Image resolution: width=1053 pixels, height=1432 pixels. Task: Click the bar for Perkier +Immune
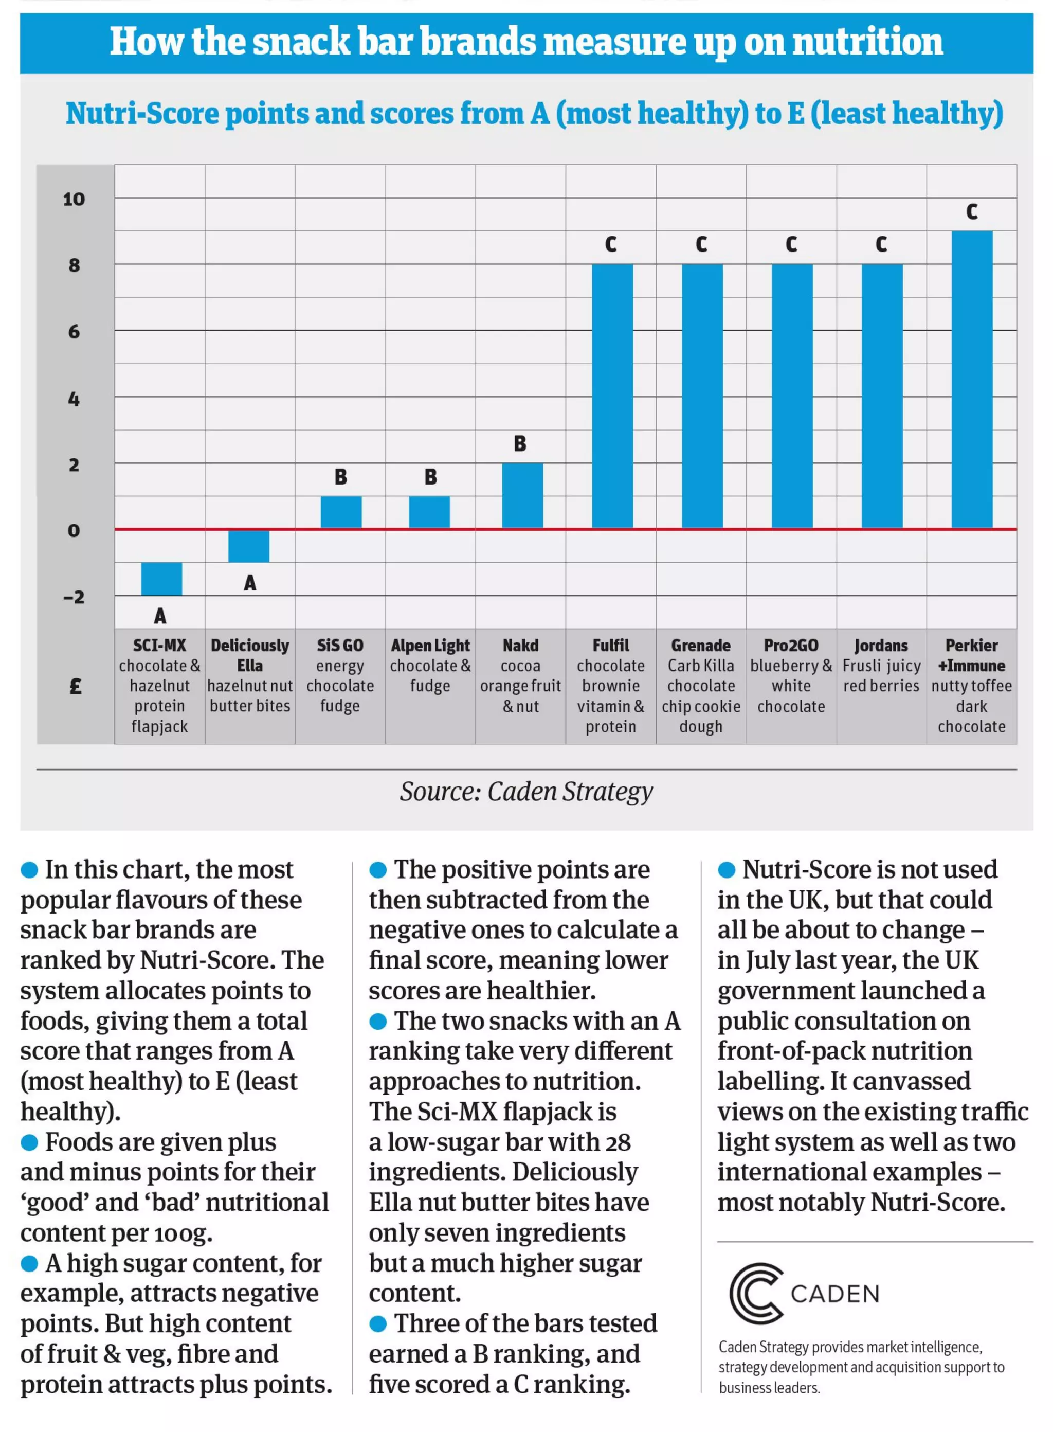point(971,380)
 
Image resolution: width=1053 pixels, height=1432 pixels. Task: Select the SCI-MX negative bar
point(161,578)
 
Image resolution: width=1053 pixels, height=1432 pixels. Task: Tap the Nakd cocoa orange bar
point(522,495)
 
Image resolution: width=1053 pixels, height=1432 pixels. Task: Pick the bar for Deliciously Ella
point(248,546)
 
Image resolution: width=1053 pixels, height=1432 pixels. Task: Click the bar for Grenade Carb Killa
point(702,396)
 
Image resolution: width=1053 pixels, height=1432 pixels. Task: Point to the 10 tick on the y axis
point(74,199)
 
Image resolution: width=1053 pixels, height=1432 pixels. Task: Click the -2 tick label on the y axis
point(74,597)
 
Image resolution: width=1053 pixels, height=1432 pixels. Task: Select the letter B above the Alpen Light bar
point(430,477)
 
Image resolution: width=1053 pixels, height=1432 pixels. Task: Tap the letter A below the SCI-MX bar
point(160,616)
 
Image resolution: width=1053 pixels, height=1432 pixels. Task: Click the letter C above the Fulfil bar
point(611,244)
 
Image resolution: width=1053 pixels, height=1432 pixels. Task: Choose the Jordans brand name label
point(881,645)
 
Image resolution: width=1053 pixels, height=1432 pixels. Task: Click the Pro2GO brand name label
point(790,645)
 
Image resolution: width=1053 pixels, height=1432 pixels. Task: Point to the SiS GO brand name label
point(340,645)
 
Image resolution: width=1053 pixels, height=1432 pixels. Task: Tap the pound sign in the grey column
point(75,686)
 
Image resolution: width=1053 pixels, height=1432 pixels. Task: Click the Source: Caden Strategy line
point(526,791)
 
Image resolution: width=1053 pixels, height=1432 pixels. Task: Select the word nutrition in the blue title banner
point(867,42)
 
